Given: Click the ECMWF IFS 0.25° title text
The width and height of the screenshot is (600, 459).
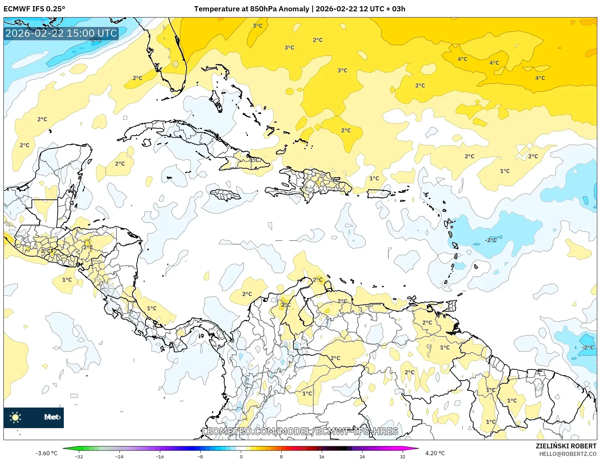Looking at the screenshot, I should pos(34,9).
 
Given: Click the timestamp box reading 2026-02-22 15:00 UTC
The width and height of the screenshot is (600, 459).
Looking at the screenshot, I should pos(61,33).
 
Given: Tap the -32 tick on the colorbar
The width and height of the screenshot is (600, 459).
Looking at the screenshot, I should pos(79,456).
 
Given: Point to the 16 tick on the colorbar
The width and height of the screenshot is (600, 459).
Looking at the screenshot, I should pos(321,456).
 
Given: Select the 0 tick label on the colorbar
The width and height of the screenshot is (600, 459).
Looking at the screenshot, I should pos(241,456).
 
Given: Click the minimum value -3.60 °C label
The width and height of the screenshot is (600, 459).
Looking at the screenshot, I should pos(46,453).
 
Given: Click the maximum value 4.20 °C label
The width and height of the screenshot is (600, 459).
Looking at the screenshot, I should pos(435,453).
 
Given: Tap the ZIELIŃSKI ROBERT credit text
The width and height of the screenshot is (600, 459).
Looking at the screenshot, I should pos(566,446).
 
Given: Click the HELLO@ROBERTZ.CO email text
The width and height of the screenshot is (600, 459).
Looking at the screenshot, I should pos(568,454).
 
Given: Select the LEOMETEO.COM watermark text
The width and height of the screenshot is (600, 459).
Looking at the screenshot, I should pos(300,431).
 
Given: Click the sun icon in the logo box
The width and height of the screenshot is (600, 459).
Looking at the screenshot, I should pos(15,417).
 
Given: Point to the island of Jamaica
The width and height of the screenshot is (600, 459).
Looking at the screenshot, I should pos(225,196).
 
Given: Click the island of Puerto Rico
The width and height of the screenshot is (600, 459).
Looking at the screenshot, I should pos(378,194).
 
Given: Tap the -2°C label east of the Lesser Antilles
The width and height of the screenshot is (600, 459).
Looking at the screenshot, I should pos(491,240).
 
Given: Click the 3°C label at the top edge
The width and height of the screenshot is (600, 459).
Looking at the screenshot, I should pos(258,26).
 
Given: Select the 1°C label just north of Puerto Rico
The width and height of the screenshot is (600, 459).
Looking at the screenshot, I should pos(374,178).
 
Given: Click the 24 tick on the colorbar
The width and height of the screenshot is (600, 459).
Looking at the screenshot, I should pos(362,456).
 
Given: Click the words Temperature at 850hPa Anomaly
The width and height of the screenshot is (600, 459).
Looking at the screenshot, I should pos(251,9).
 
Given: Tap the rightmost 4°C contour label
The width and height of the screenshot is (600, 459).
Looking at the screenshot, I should pos(540,78).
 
